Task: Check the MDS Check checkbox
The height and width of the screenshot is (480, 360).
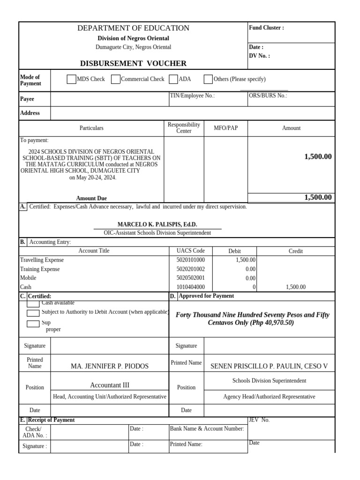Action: click(x=71, y=79)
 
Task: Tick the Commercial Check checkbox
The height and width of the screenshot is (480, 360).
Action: click(x=115, y=79)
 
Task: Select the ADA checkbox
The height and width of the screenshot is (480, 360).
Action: click(x=173, y=79)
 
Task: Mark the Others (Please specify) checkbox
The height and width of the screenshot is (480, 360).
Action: click(x=208, y=79)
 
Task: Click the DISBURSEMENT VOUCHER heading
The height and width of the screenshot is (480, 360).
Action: click(x=133, y=63)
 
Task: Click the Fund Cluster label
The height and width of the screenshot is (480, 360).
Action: click(x=266, y=28)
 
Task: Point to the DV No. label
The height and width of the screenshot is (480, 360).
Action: click(x=259, y=56)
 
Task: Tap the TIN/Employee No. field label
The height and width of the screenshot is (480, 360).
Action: click(x=192, y=96)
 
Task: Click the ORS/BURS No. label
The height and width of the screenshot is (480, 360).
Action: click(x=268, y=96)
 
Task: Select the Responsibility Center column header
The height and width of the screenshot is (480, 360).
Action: click(x=184, y=127)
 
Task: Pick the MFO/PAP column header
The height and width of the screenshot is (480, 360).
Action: click(x=225, y=128)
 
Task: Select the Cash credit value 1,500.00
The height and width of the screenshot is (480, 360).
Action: click(x=295, y=287)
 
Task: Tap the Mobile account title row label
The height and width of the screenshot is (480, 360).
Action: click(x=28, y=278)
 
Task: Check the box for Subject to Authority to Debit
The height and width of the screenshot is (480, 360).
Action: click(x=33, y=313)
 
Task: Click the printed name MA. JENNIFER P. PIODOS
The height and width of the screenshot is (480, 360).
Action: click(x=109, y=366)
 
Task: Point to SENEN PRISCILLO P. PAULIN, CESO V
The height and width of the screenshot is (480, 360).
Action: click(x=269, y=366)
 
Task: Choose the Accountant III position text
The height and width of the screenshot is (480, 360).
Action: click(x=110, y=385)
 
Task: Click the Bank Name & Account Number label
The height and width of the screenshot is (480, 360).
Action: click(x=207, y=428)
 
